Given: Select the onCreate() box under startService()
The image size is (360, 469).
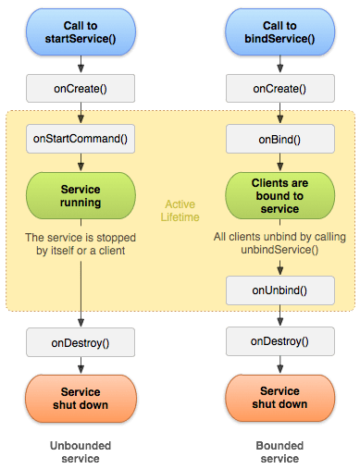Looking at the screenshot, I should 81,89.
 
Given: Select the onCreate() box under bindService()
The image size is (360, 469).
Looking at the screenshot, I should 279,89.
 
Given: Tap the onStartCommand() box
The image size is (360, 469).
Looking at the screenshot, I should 81,139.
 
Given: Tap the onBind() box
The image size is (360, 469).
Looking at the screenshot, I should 279,139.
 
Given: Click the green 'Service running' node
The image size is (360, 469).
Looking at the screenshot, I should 81,192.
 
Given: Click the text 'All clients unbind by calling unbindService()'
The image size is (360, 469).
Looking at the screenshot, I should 279,243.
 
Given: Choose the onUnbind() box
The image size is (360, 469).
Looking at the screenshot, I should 279,290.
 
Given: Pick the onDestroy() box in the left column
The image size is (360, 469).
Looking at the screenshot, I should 81,341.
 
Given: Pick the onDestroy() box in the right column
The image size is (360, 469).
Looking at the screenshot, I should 279,341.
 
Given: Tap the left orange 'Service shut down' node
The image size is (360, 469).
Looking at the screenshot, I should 81,398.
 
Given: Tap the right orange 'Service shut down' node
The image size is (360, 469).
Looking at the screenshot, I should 279,398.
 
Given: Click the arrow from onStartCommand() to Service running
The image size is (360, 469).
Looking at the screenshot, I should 81,161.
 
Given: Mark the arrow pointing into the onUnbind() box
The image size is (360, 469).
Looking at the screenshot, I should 279,267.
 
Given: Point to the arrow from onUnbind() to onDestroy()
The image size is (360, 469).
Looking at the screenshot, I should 279,316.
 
